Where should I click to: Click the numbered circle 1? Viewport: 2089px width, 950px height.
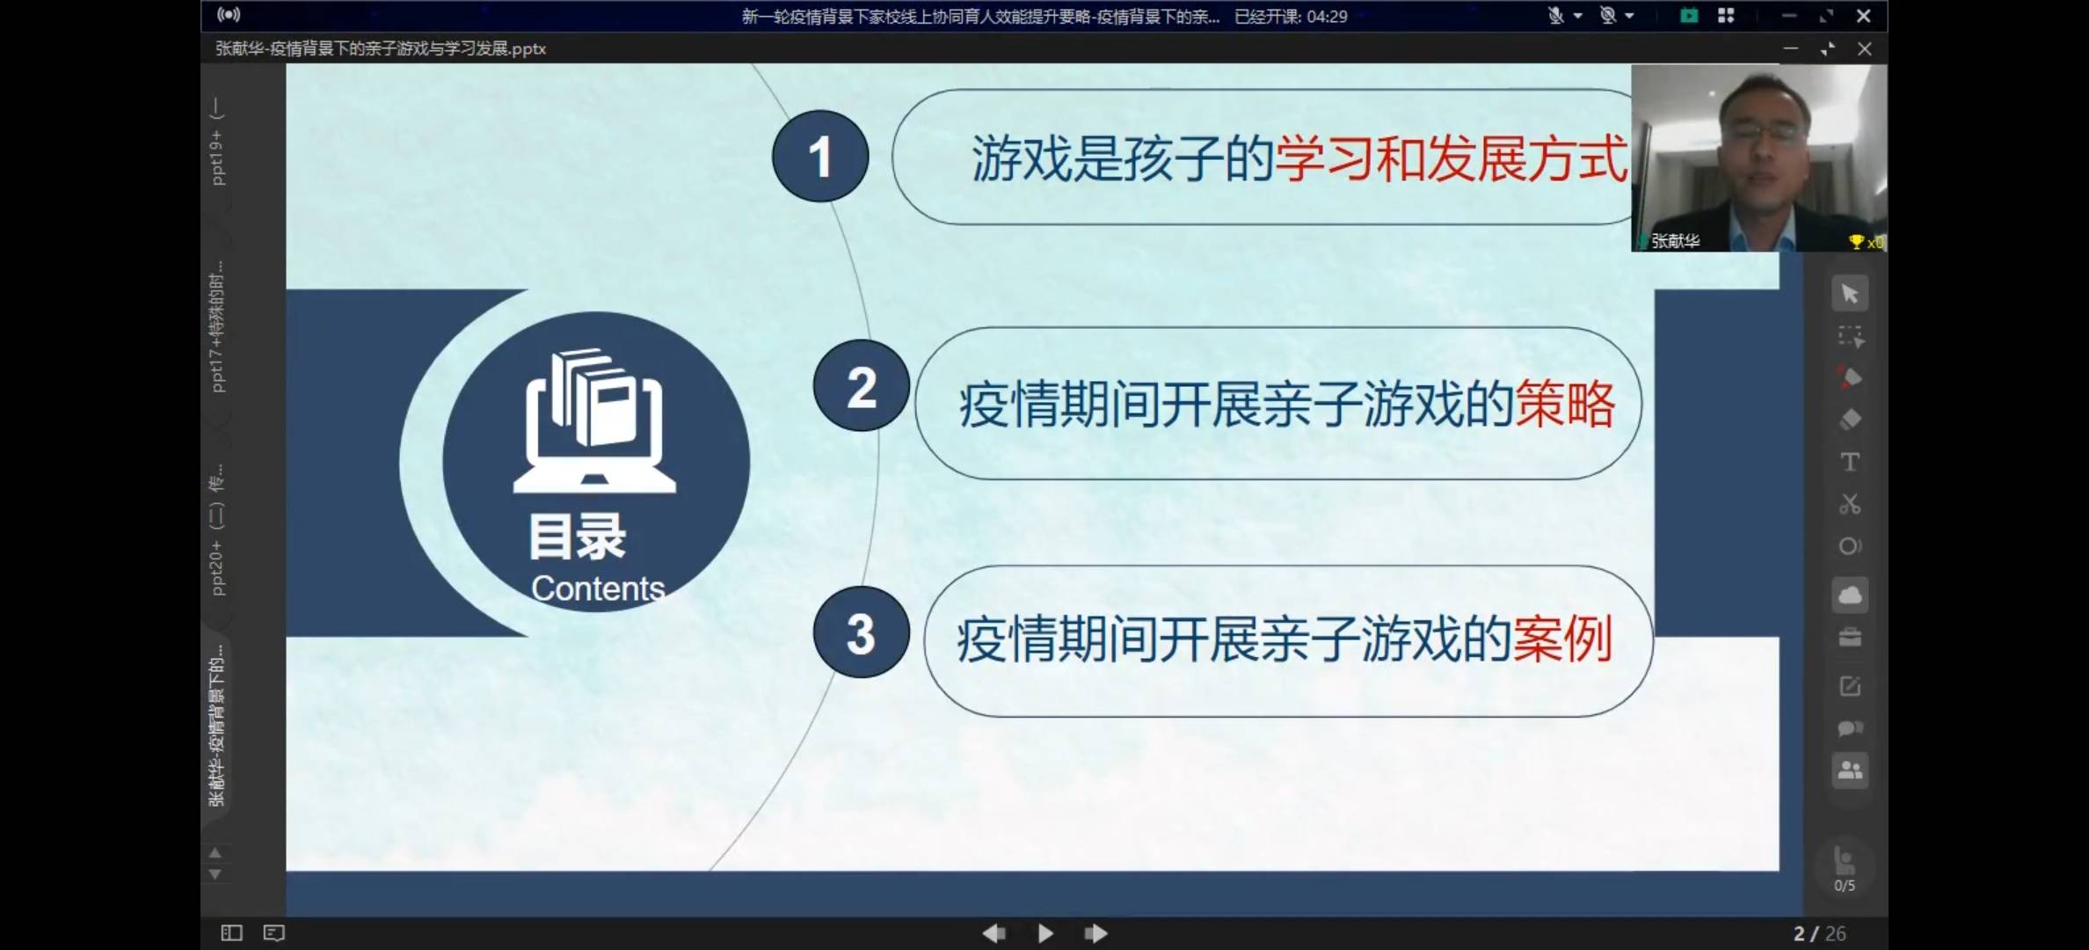pyautogui.click(x=820, y=157)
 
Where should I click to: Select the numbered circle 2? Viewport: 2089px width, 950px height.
pyautogui.click(x=861, y=386)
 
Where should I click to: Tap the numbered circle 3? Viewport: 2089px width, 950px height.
pyautogui.click(x=861, y=632)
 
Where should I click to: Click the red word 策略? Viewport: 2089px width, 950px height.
pyautogui.click(x=1565, y=405)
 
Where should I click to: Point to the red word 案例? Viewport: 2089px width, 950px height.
pyautogui.click(x=1562, y=639)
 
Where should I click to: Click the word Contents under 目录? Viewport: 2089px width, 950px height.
pyautogui.click(x=598, y=588)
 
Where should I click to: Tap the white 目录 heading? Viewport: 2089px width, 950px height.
pyautogui.click(x=578, y=537)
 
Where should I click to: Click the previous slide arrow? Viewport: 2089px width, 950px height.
pyautogui.click(x=994, y=933)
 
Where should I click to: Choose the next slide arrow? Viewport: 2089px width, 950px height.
pyautogui.click(x=1095, y=933)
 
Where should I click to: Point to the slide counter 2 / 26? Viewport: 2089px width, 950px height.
pyautogui.click(x=1819, y=933)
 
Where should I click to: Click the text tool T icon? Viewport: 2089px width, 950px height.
pyautogui.click(x=1850, y=462)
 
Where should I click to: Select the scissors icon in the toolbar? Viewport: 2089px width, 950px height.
pyautogui.click(x=1850, y=504)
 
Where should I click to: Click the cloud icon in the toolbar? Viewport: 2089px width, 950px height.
pyautogui.click(x=1850, y=596)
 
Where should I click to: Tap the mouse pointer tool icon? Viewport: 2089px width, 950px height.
pyautogui.click(x=1850, y=294)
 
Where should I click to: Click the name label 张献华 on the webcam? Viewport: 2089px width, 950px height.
pyautogui.click(x=1675, y=241)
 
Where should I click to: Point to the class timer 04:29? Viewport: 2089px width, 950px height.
pyautogui.click(x=1327, y=16)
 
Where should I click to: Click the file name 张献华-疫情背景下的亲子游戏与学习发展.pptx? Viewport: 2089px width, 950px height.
pyautogui.click(x=381, y=48)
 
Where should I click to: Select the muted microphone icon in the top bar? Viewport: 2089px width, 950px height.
pyautogui.click(x=1555, y=16)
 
